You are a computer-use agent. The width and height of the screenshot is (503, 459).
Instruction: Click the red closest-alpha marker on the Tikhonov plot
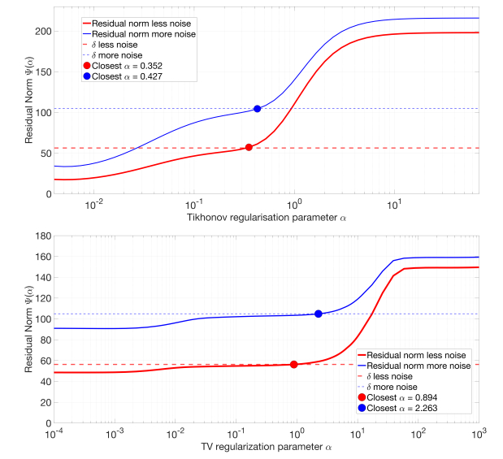[x=249, y=147]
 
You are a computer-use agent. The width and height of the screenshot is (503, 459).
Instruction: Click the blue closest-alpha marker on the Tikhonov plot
[x=258, y=109]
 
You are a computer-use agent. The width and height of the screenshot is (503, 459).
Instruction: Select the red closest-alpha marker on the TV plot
[x=294, y=365]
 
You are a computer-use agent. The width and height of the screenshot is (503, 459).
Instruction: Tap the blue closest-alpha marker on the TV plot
[x=319, y=314]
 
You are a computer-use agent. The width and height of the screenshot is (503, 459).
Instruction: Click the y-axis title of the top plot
[x=28, y=101]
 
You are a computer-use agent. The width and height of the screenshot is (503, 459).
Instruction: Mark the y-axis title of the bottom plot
[x=28, y=330]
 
